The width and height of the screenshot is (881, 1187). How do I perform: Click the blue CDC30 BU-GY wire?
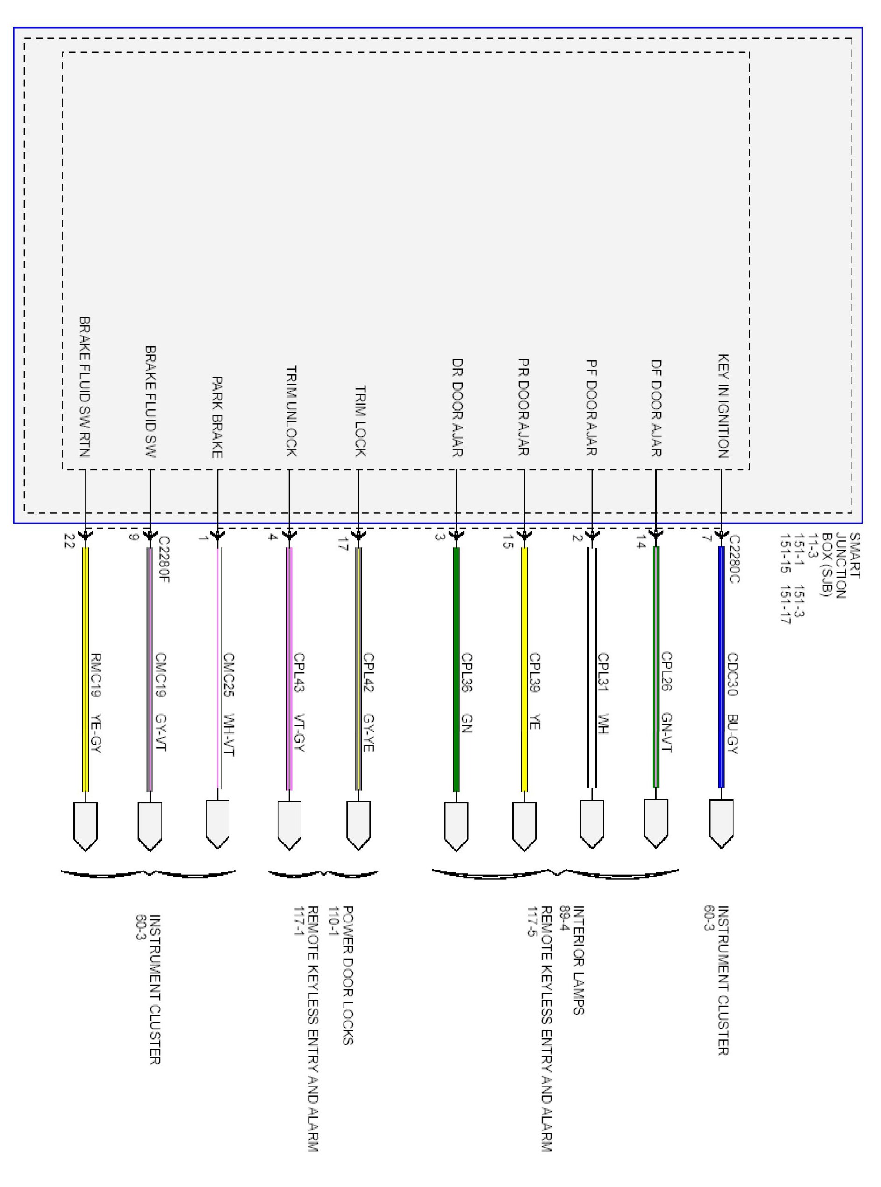pos(722,667)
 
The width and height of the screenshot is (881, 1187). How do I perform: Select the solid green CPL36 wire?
pos(457,669)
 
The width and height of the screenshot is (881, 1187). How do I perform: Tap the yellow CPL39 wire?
pos(524,669)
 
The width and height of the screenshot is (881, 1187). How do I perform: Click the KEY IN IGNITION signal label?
pos(723,406)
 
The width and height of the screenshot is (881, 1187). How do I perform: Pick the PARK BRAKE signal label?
pos(217,417)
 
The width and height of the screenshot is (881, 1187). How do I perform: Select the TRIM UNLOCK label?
pos(291,411)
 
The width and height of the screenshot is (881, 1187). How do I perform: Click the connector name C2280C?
pos(734,559)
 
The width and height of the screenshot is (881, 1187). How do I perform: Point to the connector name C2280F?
pos(163,559)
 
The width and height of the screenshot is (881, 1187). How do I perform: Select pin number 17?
pos(343,543)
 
